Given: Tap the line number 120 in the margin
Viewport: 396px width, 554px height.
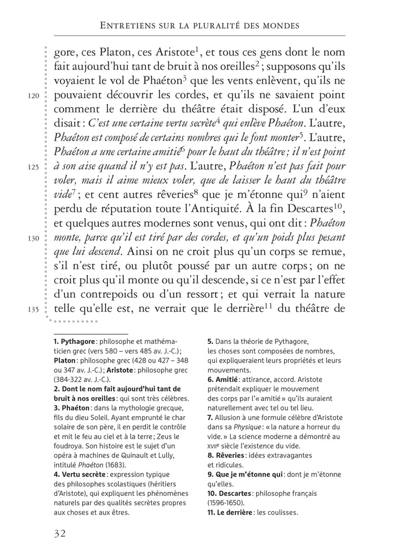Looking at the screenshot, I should (x=33, y=96).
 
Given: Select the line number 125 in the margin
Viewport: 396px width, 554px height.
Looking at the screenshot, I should (x=33, y=167).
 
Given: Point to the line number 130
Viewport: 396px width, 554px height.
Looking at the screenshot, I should (x=33, y=238).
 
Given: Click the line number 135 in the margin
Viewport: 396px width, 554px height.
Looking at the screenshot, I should (x=33, y=309).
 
